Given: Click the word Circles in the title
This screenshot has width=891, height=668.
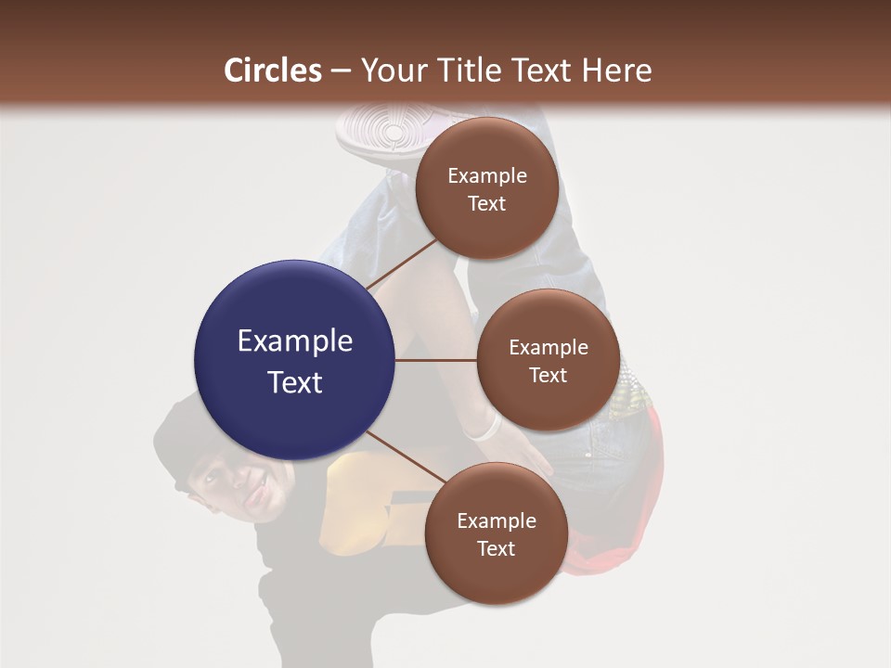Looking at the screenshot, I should coord(272,71).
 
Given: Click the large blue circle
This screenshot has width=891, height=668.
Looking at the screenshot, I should coord(294,360).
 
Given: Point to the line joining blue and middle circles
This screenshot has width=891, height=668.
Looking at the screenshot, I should coord(435,360).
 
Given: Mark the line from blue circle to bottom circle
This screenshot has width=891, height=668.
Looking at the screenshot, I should coord(406,459).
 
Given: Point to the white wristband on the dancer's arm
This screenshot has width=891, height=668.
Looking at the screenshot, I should coord(484,427).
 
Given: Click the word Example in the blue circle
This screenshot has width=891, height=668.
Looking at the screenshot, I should coord(294,341).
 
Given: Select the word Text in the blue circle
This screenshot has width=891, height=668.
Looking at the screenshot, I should coord(294,382).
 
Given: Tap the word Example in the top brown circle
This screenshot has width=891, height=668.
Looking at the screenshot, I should coord(486,176).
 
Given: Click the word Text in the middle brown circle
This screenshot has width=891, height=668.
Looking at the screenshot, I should coord(548,375).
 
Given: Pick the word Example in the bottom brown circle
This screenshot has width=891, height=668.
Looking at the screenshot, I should coord(496,521).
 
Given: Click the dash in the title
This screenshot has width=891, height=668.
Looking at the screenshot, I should coord(341,71).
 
